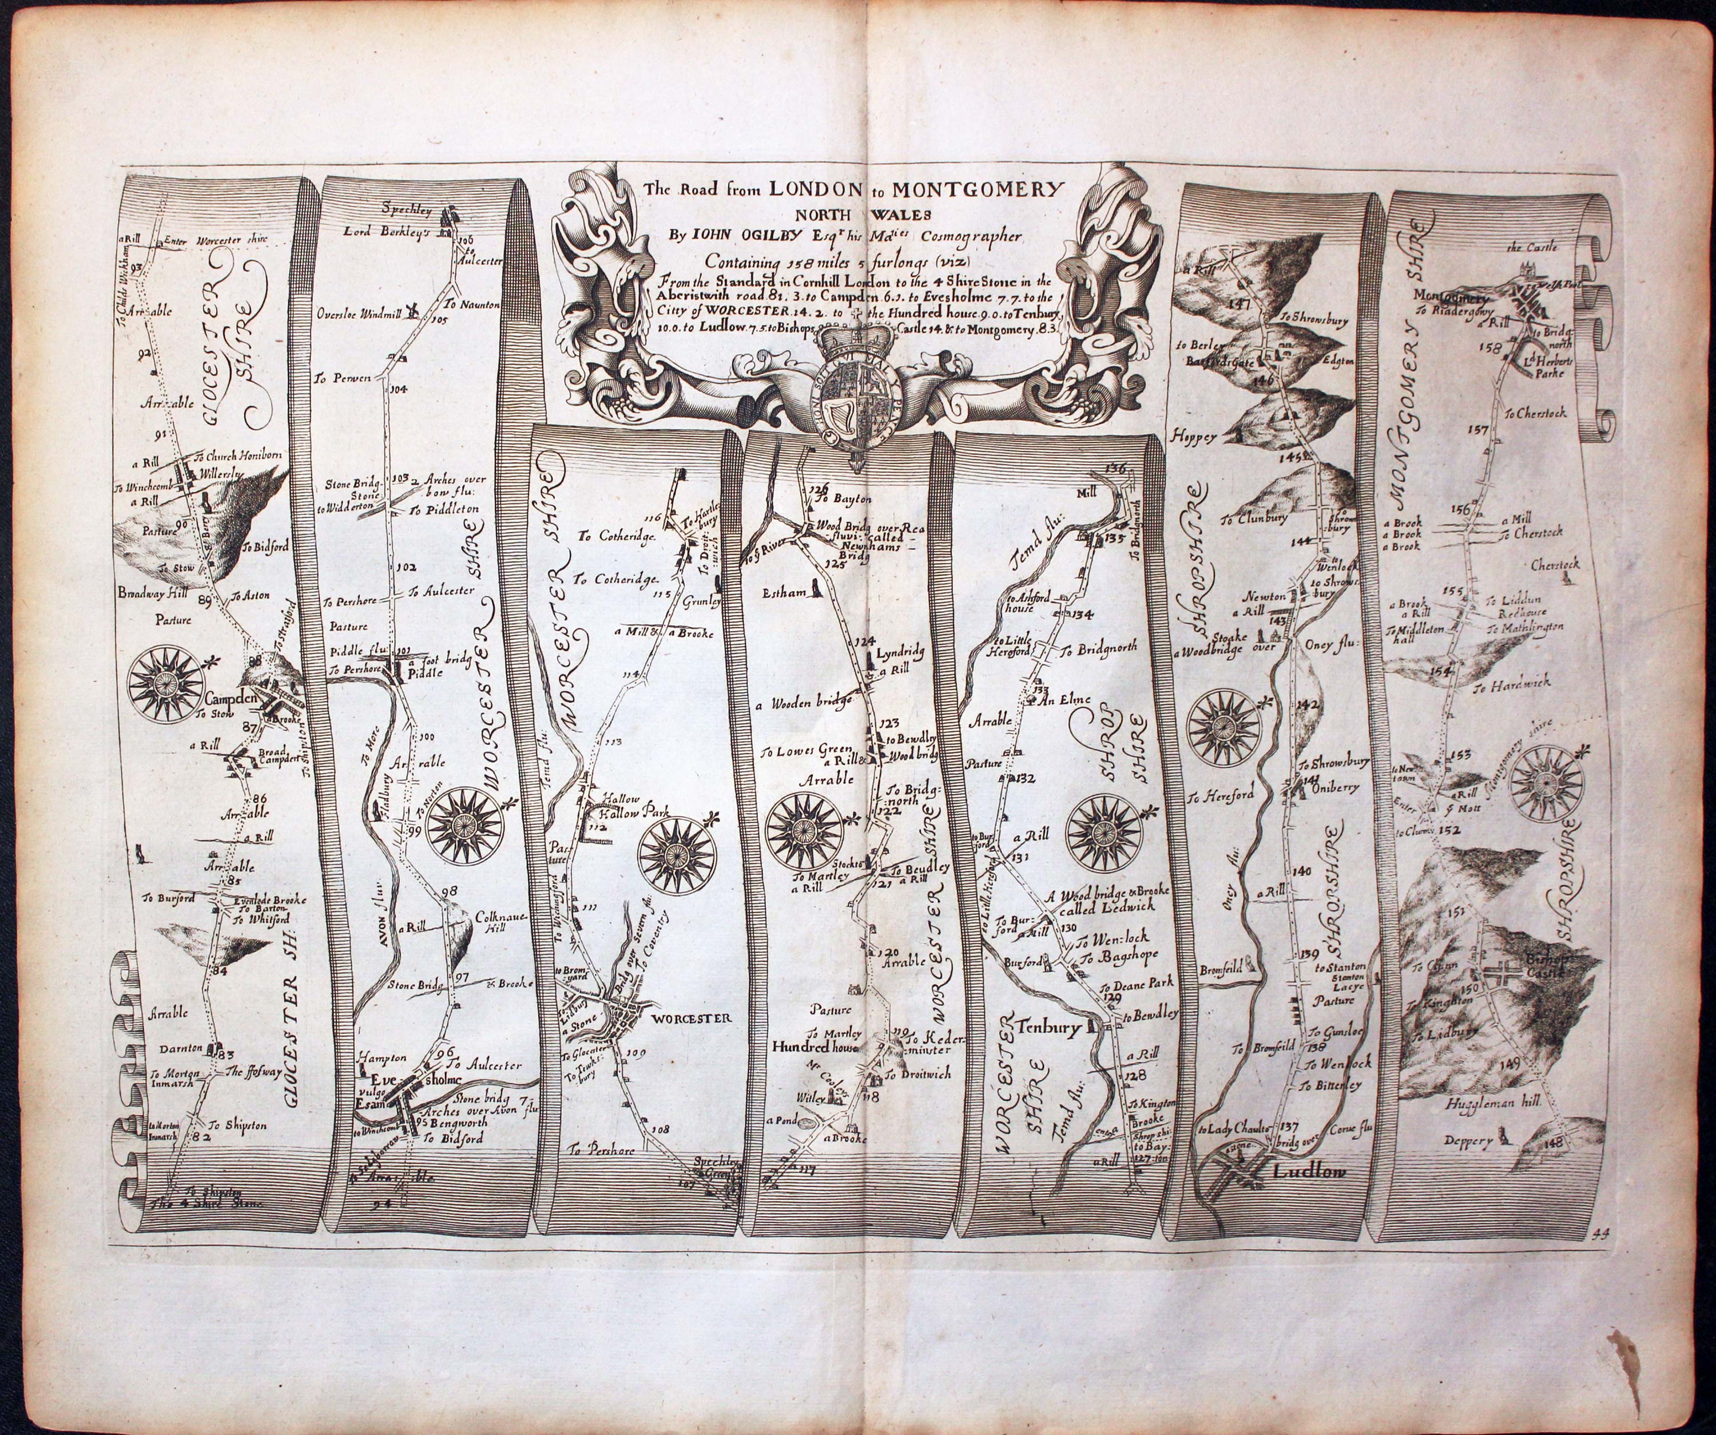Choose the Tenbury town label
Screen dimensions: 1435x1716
click(1051, 1028)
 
